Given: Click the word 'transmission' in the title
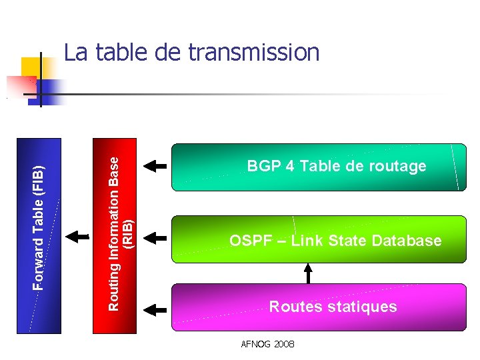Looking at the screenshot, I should [254, 52].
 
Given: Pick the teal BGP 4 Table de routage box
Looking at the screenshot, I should [319, 167].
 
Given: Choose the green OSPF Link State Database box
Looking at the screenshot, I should [319, 239].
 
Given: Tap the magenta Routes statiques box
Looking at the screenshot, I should [319, 307].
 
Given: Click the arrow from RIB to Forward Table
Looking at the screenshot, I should [79, 235].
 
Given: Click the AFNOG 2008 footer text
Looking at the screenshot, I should [269, 344].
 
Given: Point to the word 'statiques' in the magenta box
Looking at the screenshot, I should [364, 307].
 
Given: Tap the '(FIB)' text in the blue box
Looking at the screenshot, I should [39, 181].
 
